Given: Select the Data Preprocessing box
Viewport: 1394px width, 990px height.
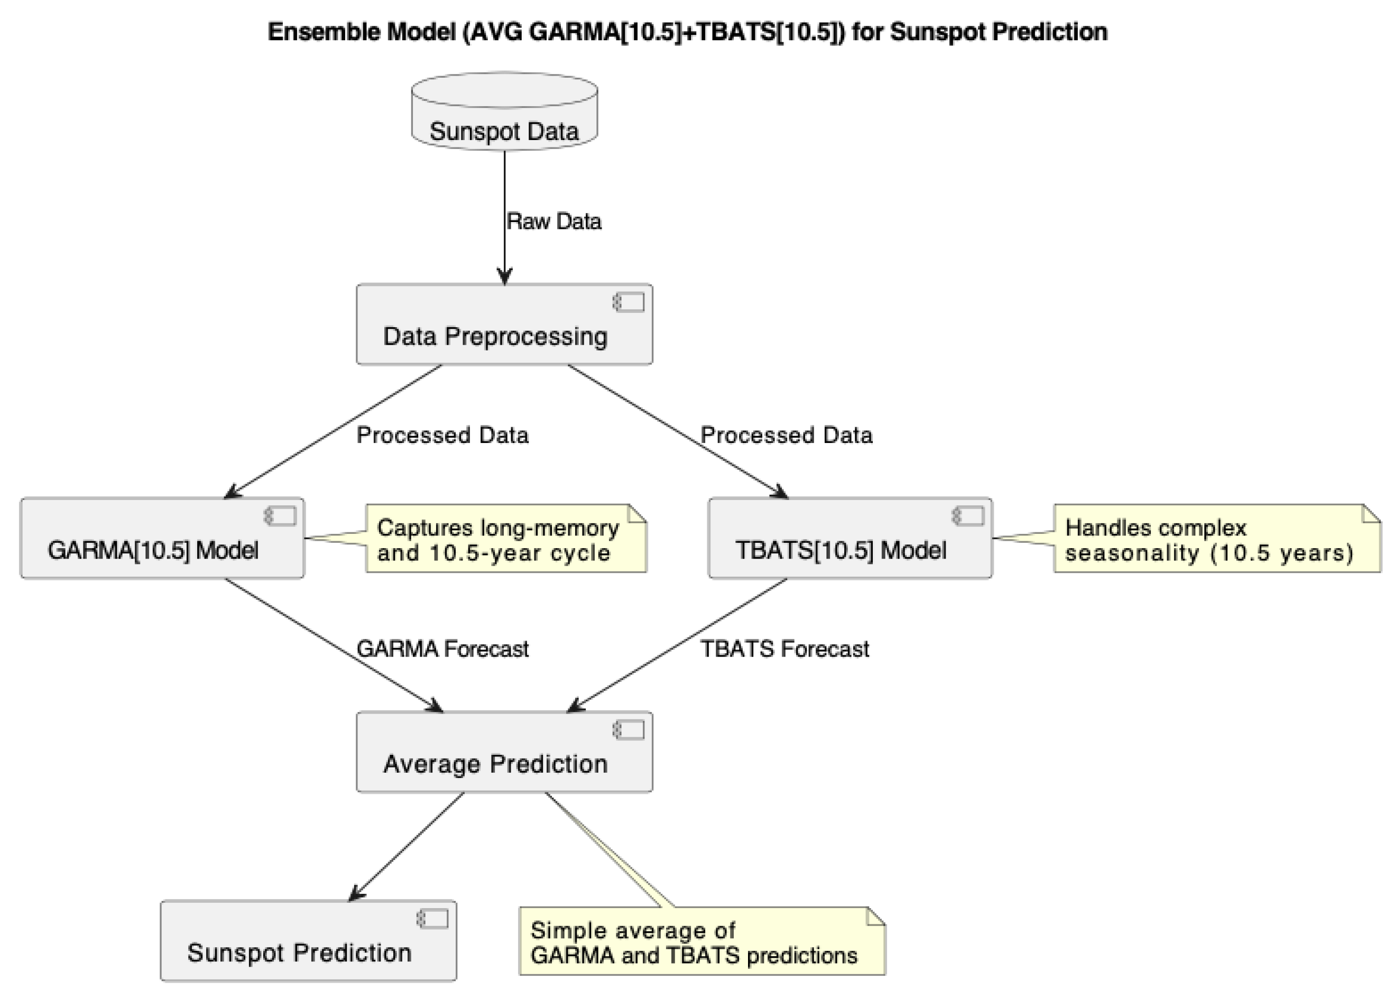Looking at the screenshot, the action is coord(504,325).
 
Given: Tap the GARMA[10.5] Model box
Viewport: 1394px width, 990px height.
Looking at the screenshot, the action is coord(162,538).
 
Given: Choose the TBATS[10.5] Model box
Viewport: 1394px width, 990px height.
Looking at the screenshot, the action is coord(850,538).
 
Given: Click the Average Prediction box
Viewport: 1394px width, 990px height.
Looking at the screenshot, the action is coord(504,752).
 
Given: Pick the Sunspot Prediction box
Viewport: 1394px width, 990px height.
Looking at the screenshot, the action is coord(308,941).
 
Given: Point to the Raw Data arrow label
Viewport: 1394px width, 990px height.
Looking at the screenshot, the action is coord(553,221).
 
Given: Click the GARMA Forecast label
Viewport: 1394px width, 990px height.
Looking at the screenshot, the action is coord(442,649).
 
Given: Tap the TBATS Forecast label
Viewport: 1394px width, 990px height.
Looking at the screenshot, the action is coord(784,649).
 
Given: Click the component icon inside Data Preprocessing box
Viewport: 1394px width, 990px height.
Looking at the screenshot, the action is coord(629,302).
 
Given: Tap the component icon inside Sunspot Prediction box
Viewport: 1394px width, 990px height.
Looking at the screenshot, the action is coord(433,919).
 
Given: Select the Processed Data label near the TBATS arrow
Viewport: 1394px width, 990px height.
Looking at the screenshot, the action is coord(786,435).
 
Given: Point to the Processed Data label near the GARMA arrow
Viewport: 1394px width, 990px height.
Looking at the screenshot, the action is coord(442,435).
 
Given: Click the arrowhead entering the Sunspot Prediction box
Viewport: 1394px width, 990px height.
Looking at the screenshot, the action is coord(355,895).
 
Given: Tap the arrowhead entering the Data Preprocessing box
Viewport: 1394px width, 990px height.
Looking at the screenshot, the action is coord(504,278).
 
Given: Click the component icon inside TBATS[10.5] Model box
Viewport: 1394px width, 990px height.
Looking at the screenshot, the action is coord(968,516).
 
